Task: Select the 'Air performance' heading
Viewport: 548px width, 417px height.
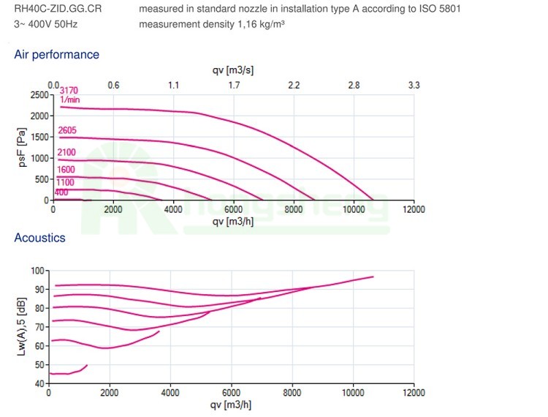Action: tap(57, 55)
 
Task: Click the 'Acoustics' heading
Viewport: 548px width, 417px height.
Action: tap(39, 238)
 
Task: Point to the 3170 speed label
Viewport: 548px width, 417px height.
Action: tap(68, 90)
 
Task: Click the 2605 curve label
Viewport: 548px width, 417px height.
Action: tap(67, 130)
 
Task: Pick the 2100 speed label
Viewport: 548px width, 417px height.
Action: tap(66, 151)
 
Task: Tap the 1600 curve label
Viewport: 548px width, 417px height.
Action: tap(66, 170)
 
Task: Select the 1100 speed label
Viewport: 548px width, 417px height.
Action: tap(66, 181)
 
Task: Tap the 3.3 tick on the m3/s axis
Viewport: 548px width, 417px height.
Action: tap(414, 85)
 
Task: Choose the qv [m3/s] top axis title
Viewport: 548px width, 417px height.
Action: tap(233, 70)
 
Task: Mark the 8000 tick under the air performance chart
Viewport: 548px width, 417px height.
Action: tap(293, 210)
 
